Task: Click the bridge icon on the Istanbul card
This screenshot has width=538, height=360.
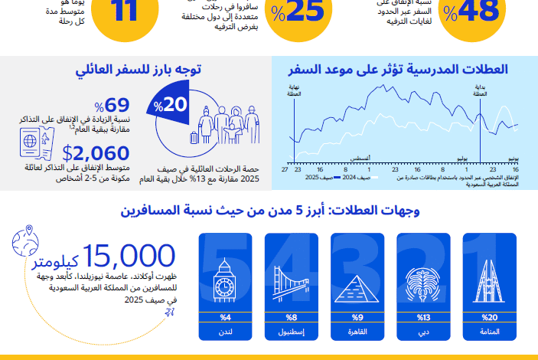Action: click(x=291, y=283)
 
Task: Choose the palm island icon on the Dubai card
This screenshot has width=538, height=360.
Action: click(x=422, y=283)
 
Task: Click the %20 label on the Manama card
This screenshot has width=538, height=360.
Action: click(x=489, y=316)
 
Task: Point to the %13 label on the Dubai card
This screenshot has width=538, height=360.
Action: click(x=422, y=316)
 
